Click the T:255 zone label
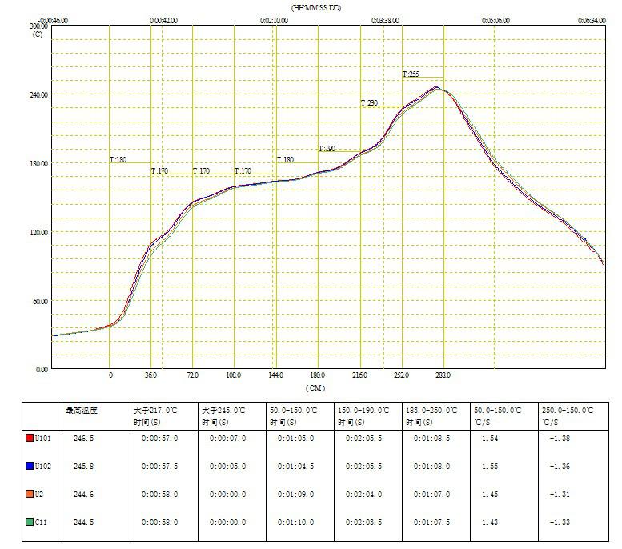[411, 74]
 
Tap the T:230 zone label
[369, 103]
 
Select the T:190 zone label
[327, 149]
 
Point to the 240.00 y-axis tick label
[38, 94]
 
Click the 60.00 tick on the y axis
[39, 301]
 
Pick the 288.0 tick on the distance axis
[443, 375]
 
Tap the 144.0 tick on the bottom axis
[276, 375]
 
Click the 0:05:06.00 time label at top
[496, 20]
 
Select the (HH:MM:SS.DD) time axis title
[317, 7]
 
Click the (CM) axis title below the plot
[315, 388]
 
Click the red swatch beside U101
[28, 438]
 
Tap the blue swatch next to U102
[28, 466]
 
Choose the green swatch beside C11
[28, 522]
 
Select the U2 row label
[38, 494]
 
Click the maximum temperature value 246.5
[82, 438]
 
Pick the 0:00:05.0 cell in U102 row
[228, 466]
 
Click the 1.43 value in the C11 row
[491, 522]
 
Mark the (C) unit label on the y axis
[37, 34]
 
